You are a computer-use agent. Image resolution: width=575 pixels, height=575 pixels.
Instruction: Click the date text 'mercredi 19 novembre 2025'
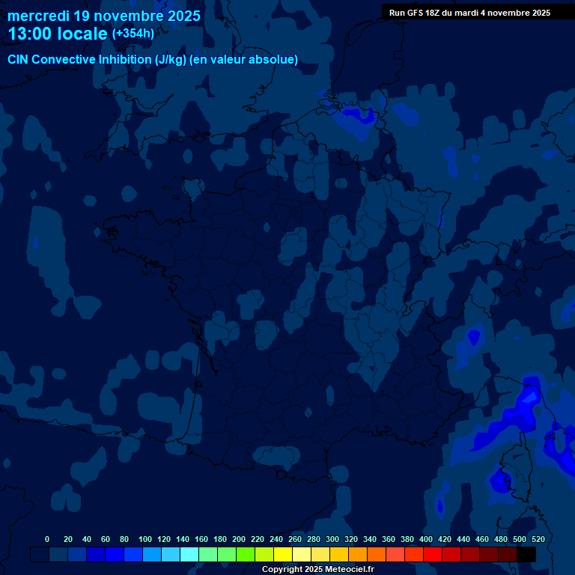coord(104,16)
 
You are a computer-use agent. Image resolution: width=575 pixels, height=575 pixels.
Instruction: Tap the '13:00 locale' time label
coord(58,34)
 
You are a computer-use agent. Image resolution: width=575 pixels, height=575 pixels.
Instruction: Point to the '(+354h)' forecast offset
coord(133,33)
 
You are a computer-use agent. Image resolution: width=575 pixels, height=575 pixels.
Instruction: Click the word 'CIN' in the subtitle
coord(19,60)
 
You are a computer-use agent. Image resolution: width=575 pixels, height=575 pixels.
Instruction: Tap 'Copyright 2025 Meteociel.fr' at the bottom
coord(317,570)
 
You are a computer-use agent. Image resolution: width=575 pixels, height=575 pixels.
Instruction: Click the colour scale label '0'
coord(47,539)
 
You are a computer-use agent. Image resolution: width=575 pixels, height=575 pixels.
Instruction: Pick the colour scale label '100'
coord(145,539)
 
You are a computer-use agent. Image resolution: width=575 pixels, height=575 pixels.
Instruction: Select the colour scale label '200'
coord(239,539)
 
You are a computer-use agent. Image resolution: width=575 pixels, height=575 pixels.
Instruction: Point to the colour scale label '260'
coord(295,539)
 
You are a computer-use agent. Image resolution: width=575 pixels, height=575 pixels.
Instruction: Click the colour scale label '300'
coord(332,539)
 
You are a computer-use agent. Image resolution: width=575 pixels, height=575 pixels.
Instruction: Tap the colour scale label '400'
coord(426,539)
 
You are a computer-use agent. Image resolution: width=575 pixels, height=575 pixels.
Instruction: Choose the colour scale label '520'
coord(538,539)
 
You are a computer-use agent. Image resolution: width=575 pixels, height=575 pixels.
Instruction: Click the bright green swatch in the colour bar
coord(246,555)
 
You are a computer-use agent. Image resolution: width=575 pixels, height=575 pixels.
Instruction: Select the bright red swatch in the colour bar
coord(433,555)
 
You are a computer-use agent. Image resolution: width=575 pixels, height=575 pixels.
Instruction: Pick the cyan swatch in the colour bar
coord(189,555)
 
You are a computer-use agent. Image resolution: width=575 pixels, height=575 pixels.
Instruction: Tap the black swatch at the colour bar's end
coord(526,555)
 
